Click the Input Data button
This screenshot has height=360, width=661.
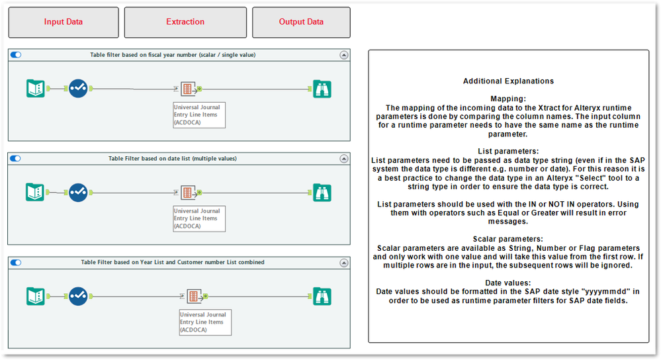click(x=64, y=22)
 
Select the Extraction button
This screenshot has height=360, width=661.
click(x=185, y=22)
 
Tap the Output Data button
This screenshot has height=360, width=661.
click(x=301, y=22)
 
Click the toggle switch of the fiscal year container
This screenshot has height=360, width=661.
click(x=16, y=55)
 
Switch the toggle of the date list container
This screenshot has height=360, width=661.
click(x=16, y=159)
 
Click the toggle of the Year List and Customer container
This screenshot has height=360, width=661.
click(x=16, y=262)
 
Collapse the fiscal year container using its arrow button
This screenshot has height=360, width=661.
click(x=343, y=55)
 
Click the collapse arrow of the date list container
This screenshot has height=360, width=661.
click(x=343, y=159)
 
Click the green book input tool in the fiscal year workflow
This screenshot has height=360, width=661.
click(x=35, y=88)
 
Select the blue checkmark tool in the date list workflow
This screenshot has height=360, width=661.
click(x=78, y=192)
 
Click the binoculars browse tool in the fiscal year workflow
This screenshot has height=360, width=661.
click(x=322, y=88)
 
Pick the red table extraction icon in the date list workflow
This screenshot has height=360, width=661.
click(x=188, y=192)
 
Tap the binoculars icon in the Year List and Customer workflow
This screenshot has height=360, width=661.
click(x=322, y=295)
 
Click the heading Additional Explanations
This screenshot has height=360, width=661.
click(x=508, y=81)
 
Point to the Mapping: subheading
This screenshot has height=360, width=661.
click(x=508, y=99)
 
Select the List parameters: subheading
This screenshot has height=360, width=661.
click(x=508, y=151)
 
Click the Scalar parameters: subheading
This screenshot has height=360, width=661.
click(x=508, y=239)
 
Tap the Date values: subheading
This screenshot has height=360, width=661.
click(x=508, y=283)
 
